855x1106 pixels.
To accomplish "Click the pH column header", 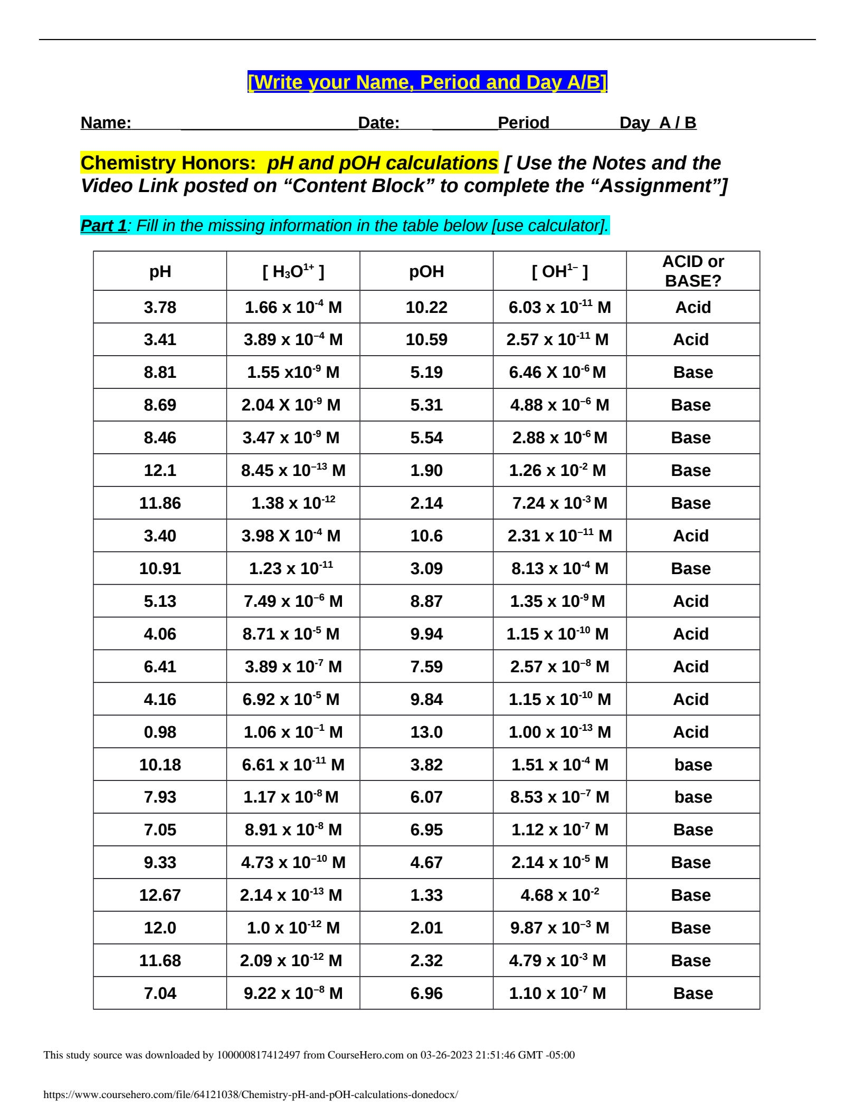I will (x=160, y=271).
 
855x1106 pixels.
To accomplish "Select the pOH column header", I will (x=426, y=271).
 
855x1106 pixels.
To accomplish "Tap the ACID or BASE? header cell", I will (x=693, y=271).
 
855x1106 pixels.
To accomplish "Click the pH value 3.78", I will (x=160, y=307).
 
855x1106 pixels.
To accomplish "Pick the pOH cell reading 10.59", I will (x=426, y=339).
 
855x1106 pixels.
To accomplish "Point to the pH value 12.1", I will (x=160, y=470).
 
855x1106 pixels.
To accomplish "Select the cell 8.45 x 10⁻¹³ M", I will (x=293, y=470).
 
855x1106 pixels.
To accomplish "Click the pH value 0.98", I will (x=160, y=732).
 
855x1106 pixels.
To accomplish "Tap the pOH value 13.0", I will (x=426, y=732).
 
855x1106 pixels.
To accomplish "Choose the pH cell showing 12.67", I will (x=160, y=895).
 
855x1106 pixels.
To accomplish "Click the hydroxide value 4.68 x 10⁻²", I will (x=559, y=895).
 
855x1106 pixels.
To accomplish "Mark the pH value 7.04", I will (x=160, y=994).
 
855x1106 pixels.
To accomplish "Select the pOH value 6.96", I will (x=426, y=994).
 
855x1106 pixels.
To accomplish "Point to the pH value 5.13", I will (x=160, y=601).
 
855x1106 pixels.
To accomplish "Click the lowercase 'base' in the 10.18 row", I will (x=693, y=765).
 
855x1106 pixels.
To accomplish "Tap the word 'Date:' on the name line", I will (x=378, y=123).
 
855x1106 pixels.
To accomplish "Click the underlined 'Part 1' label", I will (x=103, y=225).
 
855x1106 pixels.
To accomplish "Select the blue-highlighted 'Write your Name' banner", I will (x=427, y=82).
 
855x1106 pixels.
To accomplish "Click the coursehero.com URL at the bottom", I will (x=251, y=1095).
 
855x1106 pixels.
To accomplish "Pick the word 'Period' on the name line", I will (x=523, y=123).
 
